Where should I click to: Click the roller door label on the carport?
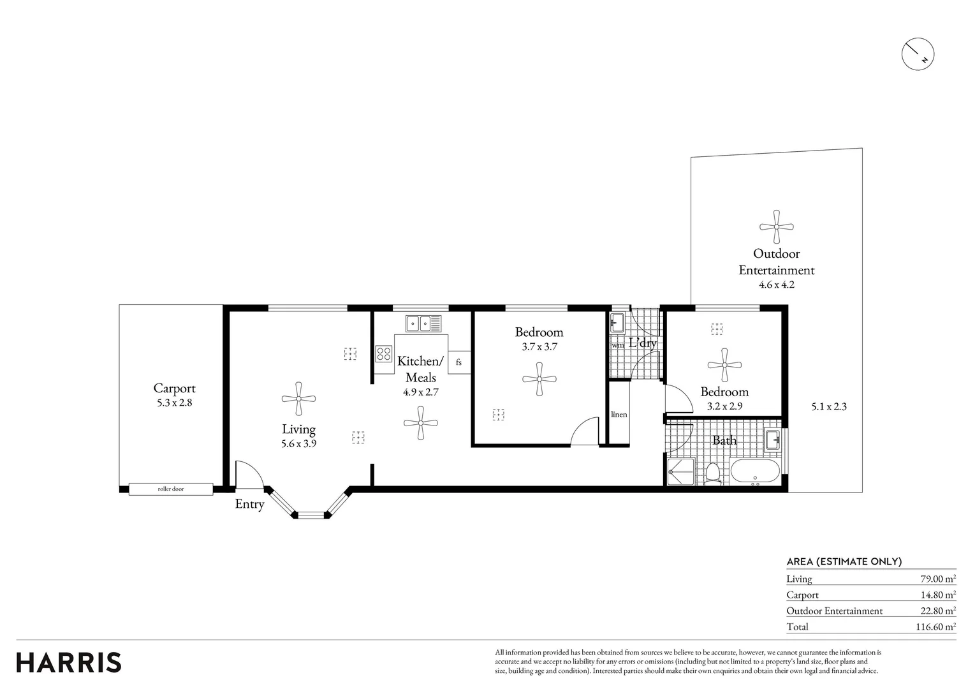[171, 489]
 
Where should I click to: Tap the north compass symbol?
[918, 54]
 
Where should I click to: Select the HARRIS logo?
[69, 662]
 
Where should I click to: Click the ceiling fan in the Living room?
[298, 399]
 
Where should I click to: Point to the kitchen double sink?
[423, 323]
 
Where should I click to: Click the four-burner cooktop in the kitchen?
[383, 353]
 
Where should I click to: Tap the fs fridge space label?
[458, 362]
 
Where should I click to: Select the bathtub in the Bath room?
[755, 471]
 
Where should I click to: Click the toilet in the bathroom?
[712, 474]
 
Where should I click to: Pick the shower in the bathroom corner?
[682, 471]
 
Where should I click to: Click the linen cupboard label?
[619, 414]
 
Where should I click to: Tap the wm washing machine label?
[618, 345]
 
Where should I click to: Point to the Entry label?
[249, 505]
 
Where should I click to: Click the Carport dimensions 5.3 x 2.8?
[175, 403]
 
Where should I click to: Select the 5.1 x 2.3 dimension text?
[829, 407]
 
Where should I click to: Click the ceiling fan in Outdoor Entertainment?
[777, 227]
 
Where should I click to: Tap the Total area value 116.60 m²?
[938, 626]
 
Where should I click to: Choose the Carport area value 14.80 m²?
[938, 595]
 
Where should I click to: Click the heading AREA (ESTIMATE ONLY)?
[844, 562]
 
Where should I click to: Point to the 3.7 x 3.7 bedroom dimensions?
[539, 347]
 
